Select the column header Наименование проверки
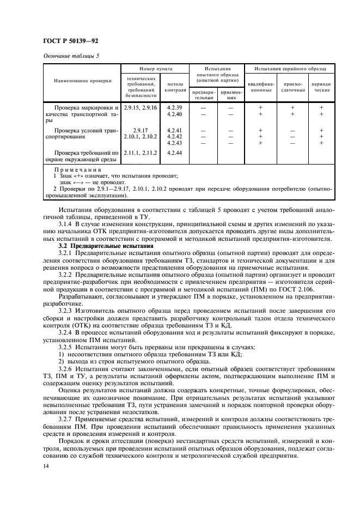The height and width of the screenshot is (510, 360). point(78,81)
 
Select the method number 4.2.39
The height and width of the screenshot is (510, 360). point(175,107)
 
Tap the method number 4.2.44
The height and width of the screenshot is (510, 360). point(175,153)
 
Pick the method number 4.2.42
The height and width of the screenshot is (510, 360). point(175,136)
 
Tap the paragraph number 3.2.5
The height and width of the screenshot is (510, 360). point(66,346)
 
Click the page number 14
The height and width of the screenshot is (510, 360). point(46,467)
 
